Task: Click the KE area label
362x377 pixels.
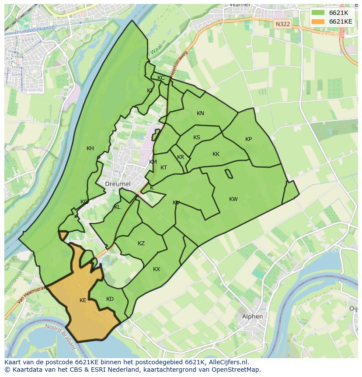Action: [x=83, y=300]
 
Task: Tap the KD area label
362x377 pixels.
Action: [x=110, y=299]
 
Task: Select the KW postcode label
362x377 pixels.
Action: [x=233, y=199]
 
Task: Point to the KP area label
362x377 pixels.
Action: [x=248, y=139]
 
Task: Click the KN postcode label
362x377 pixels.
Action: [x=200, y=113]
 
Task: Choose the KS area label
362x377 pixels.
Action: [x=197, y=137]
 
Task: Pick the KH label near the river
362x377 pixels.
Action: [x=90, y=148]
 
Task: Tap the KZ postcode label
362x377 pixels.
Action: [x=141, y=243]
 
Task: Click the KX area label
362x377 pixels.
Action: [x=157, y=269]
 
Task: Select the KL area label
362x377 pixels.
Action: [x=117, y=207]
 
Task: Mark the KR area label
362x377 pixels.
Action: [x=181, y=157]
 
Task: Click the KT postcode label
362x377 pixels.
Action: [x=164, y=168]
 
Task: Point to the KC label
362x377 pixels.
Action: [x=161, y=78]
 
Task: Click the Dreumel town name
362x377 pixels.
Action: [x=118, y=184]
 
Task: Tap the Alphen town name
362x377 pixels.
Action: [x=252, y=316]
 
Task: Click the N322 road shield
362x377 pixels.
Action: [x=282, y=25]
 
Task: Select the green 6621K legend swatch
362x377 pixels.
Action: [x=318, y=13]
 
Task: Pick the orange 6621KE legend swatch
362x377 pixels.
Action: [x=318, y=21]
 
